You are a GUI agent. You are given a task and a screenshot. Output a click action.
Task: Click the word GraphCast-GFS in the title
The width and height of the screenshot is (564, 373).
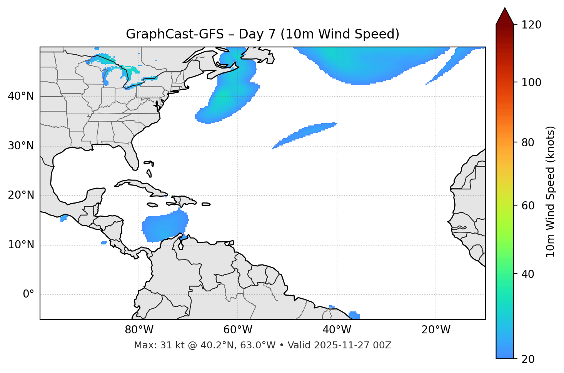(175, 34)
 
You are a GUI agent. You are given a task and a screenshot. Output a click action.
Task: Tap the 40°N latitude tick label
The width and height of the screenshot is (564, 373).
(21, 96)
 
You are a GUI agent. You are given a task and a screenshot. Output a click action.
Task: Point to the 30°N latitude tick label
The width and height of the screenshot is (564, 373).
(21, 146)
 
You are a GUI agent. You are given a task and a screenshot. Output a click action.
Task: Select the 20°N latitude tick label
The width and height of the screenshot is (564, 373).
(21, 195)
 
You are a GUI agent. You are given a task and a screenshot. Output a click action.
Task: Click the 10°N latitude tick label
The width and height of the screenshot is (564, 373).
(21, 245)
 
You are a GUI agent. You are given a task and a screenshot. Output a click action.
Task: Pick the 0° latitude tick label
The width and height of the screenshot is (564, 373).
(28, 294)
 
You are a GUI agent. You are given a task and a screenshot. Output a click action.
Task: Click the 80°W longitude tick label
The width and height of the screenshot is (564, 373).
(139, 330)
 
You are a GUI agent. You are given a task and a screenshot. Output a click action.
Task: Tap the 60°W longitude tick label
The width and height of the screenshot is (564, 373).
(238, 330)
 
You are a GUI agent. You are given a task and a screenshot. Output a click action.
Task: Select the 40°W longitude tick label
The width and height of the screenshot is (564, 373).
(337, 330)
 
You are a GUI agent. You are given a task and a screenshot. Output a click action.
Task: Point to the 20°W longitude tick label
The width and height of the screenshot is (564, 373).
(436, 330)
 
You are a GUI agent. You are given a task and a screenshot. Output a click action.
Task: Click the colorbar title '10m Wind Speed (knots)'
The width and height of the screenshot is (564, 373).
(551, 191)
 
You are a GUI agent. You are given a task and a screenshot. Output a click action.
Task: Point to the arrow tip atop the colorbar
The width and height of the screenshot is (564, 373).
(505, 8)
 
